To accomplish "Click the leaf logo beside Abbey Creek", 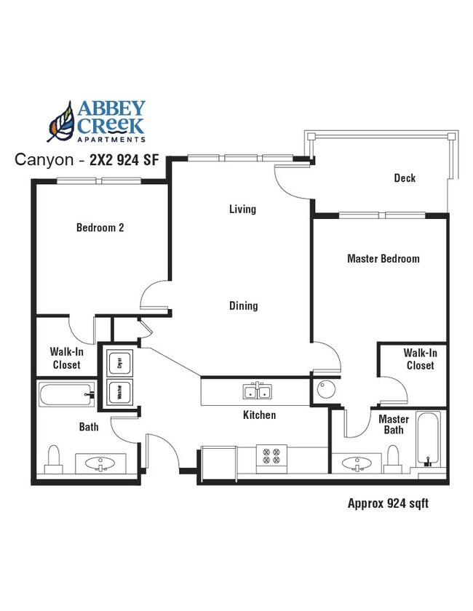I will pyautogui.click(x=62, y=121).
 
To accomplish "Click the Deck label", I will pyautogui.click(x=405, y=177).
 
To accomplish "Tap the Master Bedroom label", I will pyautogui.click(x=383, y=258).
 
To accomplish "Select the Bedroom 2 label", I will pyautogui.click(x=100, y=228).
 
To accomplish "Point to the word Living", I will pyautogui.click(x=242, y=209).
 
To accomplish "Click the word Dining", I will pyautogui.click(x=243, y=305).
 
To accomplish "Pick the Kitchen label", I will pyautogui.click(x=259, y=415).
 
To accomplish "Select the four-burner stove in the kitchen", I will pyautogui.click(x=272, y=456).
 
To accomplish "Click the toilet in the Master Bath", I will pyautogui.click(x=394, y=457).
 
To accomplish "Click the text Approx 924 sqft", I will pyautogui.click(x=383, y=503).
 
